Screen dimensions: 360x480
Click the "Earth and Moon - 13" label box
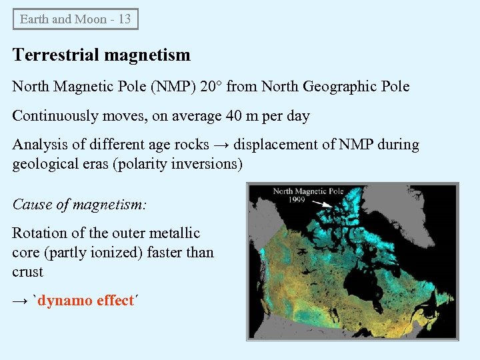point(75,19)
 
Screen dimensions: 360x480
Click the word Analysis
point(39,145)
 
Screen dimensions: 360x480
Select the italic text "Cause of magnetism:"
point(79,205)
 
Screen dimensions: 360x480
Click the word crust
point(27,272)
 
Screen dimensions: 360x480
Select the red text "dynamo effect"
point(86,301)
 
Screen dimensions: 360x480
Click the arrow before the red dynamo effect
point(20,301)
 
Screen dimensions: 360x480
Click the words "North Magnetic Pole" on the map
point(308,191)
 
